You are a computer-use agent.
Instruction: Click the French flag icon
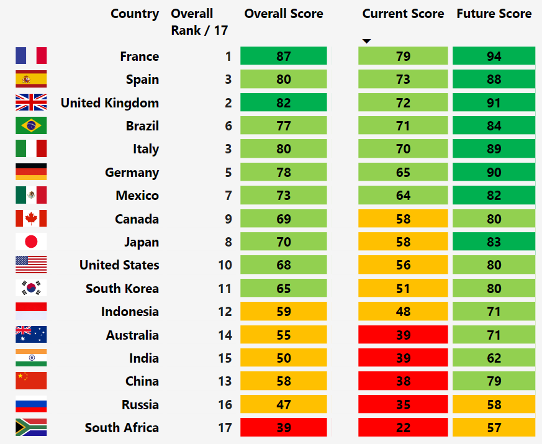(31, 56)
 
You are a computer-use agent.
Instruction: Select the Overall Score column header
(284, 14)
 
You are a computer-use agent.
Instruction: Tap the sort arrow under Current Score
(366, 42)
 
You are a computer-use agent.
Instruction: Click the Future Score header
(494, 14)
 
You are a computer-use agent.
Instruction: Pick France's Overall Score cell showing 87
(284, 56)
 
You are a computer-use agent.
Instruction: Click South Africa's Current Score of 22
(403, 427)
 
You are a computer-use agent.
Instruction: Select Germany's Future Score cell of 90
(494, 172)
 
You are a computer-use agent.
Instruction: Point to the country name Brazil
(142, 126)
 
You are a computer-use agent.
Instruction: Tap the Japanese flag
(31, 242)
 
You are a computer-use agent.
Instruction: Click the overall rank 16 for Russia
(225, 404)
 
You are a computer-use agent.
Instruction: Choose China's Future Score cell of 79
(494, 381)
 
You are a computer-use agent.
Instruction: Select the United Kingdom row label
(109, 103)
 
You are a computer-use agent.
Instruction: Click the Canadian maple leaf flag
(31, 219)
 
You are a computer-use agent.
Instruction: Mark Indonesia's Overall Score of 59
(284, 311)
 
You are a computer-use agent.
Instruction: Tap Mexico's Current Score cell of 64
(403, 196)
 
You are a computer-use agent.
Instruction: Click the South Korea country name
(122, 288)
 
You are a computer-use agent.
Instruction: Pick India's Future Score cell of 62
(494, 358)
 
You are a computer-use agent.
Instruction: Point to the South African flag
(31, 427)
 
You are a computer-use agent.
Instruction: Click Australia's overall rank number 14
(225, 335)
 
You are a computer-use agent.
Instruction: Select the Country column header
(135, 14)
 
